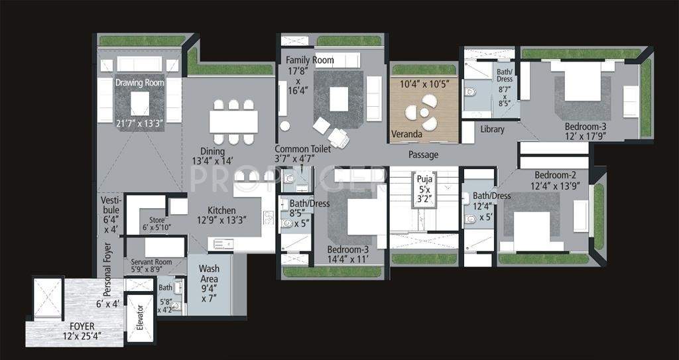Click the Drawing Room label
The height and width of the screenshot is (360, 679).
pos(139,83)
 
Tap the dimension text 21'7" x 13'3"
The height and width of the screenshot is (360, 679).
pos(139,123)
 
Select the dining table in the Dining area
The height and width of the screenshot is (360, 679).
pos(233,121)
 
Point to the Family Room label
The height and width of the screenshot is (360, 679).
pos(310,60)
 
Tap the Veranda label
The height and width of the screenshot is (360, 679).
pos(406,134)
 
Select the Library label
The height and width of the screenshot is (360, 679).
pos(492,129)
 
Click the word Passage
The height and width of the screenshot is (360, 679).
pos(423,155)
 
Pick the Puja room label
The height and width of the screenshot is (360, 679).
pos(424,179)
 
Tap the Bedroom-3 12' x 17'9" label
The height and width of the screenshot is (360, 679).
pos(586,127)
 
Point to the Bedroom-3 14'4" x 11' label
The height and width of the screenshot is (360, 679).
pos(347,250)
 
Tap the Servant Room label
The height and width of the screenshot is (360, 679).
pos(151,262)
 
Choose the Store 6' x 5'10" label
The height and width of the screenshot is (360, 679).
pos(156,221)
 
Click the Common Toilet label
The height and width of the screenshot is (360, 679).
pos(302,150)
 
